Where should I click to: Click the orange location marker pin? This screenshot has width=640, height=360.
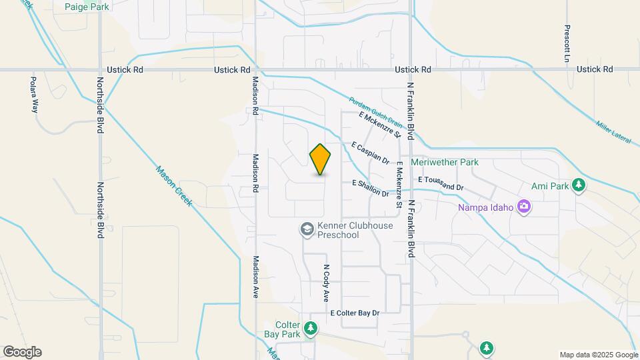321,159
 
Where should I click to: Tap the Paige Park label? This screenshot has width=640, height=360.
87,7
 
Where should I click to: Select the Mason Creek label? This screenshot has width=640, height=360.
174,186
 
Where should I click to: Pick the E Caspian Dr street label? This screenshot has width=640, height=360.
371,153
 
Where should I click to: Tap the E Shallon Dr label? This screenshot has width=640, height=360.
371,188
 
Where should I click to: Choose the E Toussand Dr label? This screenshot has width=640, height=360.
441,183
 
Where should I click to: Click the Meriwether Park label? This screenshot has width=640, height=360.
445,162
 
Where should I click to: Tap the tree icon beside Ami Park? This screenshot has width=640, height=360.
580,185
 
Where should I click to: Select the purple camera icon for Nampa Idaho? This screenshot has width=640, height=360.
524,207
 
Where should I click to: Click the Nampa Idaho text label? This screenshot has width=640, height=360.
485,207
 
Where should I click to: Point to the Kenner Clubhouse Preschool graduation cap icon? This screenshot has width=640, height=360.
307,230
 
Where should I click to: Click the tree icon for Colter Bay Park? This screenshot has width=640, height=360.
310,328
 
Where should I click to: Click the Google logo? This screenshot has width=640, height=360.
23,352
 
